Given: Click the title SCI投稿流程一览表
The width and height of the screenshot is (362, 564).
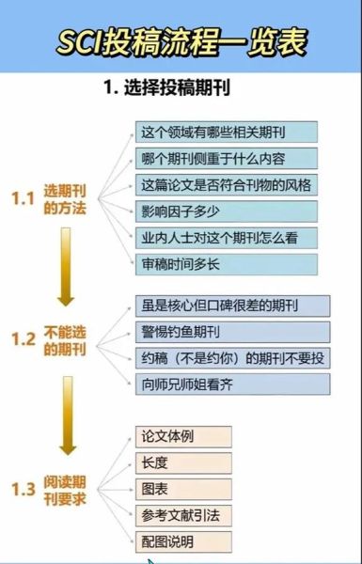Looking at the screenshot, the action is pyautogui.click(x=181, y=41).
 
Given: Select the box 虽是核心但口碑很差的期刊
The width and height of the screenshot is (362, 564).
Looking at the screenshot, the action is pyautogui.click(x=231, y=305).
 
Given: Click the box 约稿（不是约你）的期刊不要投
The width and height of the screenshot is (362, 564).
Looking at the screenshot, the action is pyautogui.click(x=231, y=358).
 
